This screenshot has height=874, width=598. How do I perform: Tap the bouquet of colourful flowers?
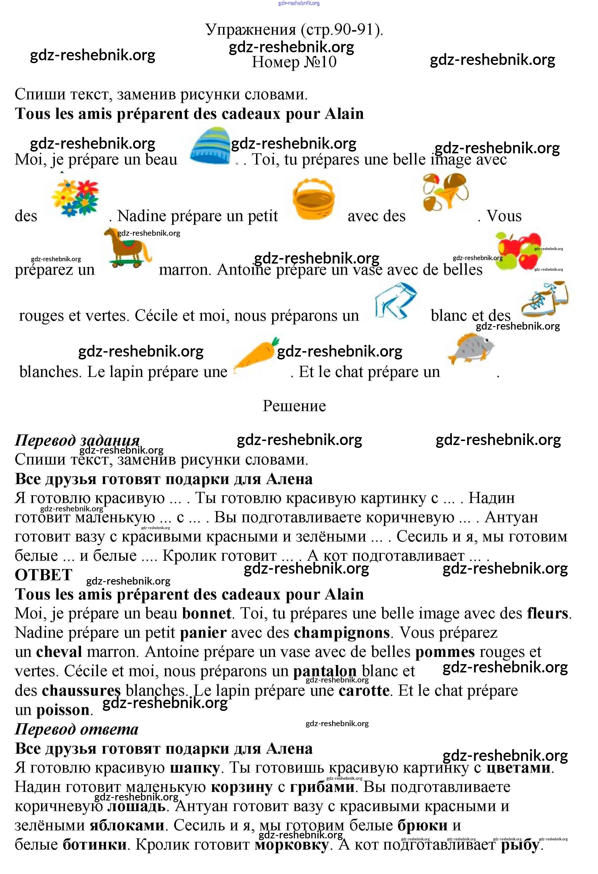pyautogui.click(x=76, y=198)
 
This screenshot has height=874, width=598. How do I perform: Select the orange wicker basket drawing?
pyautogui.click(x=313, y=199)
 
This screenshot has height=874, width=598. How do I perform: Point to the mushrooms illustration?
pyautogui.click(x=445, y=192)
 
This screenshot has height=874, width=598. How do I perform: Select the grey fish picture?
pyautogui.click(x=470, y=348)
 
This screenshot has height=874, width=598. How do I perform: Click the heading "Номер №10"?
pyautogui.click(x=294, y=62)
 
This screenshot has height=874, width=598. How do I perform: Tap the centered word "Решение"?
pyautogui.click(x=294, y=406)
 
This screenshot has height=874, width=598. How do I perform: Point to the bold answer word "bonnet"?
pyautogui.click(x=207, y=613)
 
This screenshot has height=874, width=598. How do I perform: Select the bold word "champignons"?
pyautogui.click(x=341, y=633)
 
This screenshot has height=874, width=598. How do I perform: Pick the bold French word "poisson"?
pyautogui.click(x=63, y=710)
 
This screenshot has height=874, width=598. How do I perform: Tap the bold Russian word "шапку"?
pyautogui.click(x=195, y=767)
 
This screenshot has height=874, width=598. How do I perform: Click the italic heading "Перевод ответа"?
pyautogui.click(x=76, y=729)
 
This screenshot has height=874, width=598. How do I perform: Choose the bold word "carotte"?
pyautogui.click(x=364, y=691)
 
